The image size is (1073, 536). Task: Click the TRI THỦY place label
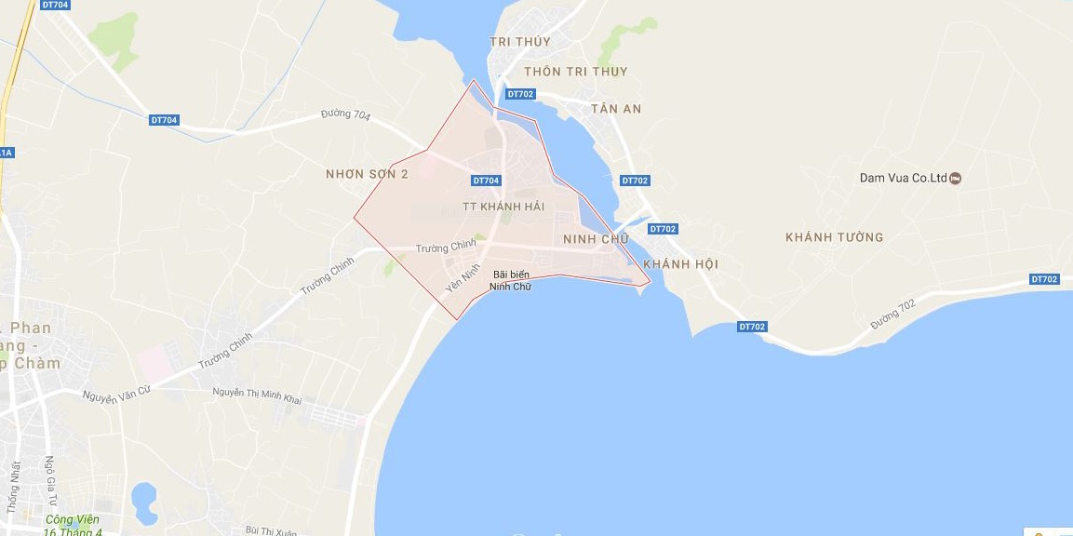pos(520,42)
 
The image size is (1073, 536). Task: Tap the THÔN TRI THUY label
pos(575,72)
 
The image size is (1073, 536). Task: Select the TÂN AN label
pos(616,109)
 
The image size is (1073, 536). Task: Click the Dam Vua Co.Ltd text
pos(902,178)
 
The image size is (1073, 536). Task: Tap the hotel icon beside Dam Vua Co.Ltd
pos(956,178)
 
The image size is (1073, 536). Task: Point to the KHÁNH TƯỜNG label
pos(834,237)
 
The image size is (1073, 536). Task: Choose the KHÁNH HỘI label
pos(680,264)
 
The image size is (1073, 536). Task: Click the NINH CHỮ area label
pos(597,240)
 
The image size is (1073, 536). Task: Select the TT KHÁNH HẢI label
pos(503,207)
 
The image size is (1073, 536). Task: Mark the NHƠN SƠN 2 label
pos(367,174)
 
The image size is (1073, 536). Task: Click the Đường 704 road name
pos(345,116)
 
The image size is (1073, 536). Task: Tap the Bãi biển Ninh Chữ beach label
pos(512,280)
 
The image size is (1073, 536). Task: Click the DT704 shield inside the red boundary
pos(486,181)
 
